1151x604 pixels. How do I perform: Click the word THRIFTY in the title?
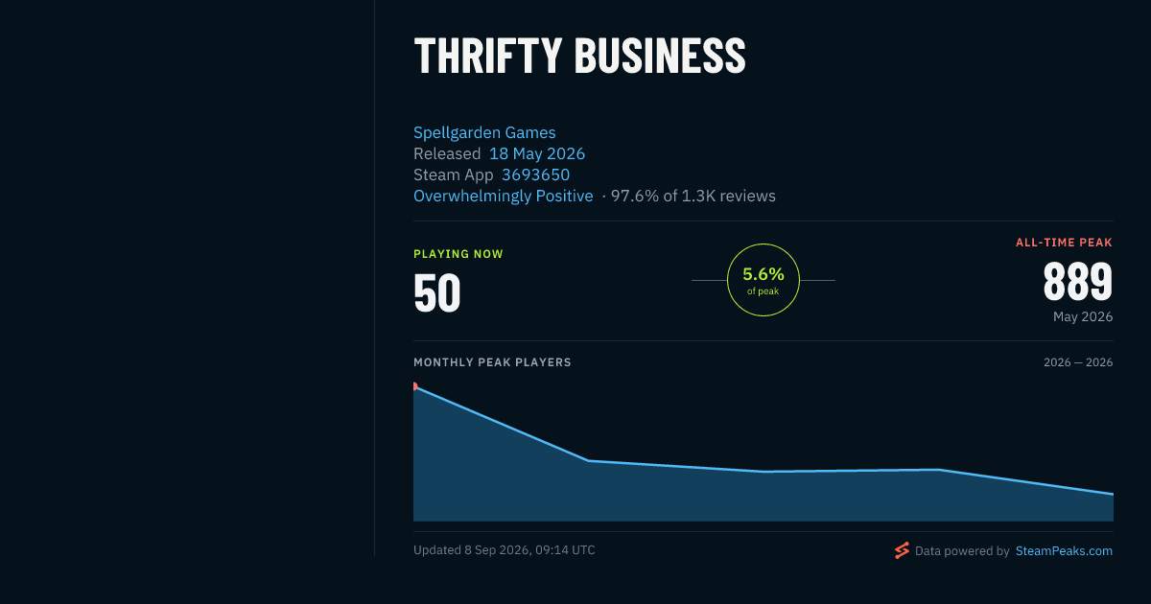click(x=487, y=57)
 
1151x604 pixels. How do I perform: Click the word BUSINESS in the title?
click(x=660, y=57)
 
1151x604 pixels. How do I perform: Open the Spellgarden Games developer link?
click(x=484, y=132)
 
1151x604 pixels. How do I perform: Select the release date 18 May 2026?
click(x=537, y=153)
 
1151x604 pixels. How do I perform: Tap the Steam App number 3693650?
click(x=535, y=174)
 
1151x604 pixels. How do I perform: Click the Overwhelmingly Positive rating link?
click(x=503, y=196)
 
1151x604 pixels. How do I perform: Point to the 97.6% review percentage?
click(x=635, y=196)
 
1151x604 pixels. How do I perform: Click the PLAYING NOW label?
click(x=458, y=254)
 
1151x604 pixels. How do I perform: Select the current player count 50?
click(x=437, y=292)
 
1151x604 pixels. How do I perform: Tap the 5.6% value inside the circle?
click(x=763, y=274)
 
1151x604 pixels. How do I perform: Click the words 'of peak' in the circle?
click(x=763, y=291)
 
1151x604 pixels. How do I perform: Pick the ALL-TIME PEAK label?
click(x=1064, y=243)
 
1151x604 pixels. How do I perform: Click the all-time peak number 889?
click(x=1078, y=282)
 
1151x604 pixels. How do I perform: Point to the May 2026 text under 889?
click(x=1083, y=316)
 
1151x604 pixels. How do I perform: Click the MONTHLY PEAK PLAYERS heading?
click(x=492, y=362)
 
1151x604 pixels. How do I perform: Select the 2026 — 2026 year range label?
click(x=1078, y=362)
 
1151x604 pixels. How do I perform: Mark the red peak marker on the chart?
click(x=415, y=386)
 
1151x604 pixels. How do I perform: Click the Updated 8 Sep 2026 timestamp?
click(x=505, y=550)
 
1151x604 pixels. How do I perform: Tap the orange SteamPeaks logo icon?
click(x=902, y=550)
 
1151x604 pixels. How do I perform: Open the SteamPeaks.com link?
click(x=1064, y=550)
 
